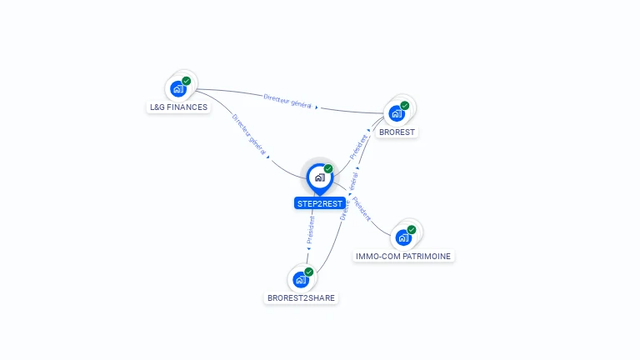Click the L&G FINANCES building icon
tap(177, 88)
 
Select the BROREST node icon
tap(396, 113)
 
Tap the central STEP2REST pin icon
tap(319, 177)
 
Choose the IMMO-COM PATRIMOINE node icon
tap(403, 237)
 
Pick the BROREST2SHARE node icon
tap(301, 279)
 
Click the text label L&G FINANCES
tap(178, 107)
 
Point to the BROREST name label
tap(397, 132)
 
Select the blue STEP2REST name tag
tap(320, 203)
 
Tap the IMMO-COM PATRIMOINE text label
tap(404, 257)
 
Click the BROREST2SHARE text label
tap(302, 297)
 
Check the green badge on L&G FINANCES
tap(187, 81)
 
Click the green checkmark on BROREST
tap(405, 106)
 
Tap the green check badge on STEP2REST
tap(328, 169)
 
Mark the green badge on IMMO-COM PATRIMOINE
tap(412, 229)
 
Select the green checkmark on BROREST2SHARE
tap(309, 272)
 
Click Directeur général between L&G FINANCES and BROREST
tap(287, 101)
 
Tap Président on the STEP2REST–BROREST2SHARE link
tap(311, 229)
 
